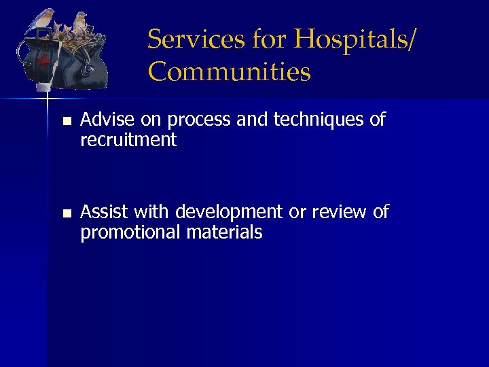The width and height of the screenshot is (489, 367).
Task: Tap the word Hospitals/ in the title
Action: pyautogui.click(x=352, y=39)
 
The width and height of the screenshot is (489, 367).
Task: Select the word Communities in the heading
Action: pyautogui.click(x=229, y=71)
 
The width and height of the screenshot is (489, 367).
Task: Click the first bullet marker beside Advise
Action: pyautogui.click(x=66, y=122)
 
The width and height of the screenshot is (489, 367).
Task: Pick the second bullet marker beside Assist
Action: pyautogui.click(x=66, y=213)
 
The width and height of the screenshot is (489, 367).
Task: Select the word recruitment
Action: pyautogui.click(x=128, y=141)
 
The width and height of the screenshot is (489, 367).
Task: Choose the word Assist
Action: pyautogui.click(x=104, y=212)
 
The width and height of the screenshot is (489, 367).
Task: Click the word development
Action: pyautogui.click(x=230, y=212)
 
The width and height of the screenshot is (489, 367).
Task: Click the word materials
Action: pyautogui.click(x=226, y=232)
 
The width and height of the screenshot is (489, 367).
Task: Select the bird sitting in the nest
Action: pyautogui.click(x=80, y=23)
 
